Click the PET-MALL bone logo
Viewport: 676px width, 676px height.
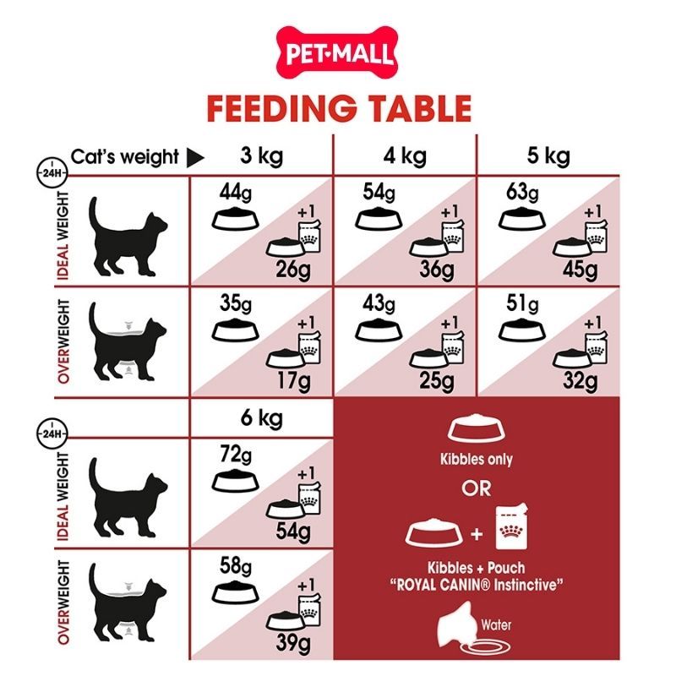pos(336,52)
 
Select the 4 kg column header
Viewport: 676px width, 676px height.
pos(405,156)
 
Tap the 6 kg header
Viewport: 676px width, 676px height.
pos(262,417)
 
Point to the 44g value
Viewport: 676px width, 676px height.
pos(235,193)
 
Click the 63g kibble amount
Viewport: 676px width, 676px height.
pos(522,193)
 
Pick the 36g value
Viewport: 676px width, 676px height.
pos(437,270)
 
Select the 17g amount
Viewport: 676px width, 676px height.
pos(293,381)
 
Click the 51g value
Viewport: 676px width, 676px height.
pos(522,303)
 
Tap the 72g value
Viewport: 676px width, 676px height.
pos(236,455)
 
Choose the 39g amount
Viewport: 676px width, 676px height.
pos(293,643)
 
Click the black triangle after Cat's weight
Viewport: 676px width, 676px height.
pos(195,158)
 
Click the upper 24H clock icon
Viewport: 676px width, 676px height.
pos(52,172)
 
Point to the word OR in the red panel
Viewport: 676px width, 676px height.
pos(477,488)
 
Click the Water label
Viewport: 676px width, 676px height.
pos(496,624)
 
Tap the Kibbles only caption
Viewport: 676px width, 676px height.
pos(477,459)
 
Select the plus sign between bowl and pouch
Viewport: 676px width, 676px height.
pos(477,535)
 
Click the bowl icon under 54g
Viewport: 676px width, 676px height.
pos(379,219)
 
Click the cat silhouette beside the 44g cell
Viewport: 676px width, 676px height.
pos(128,237)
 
